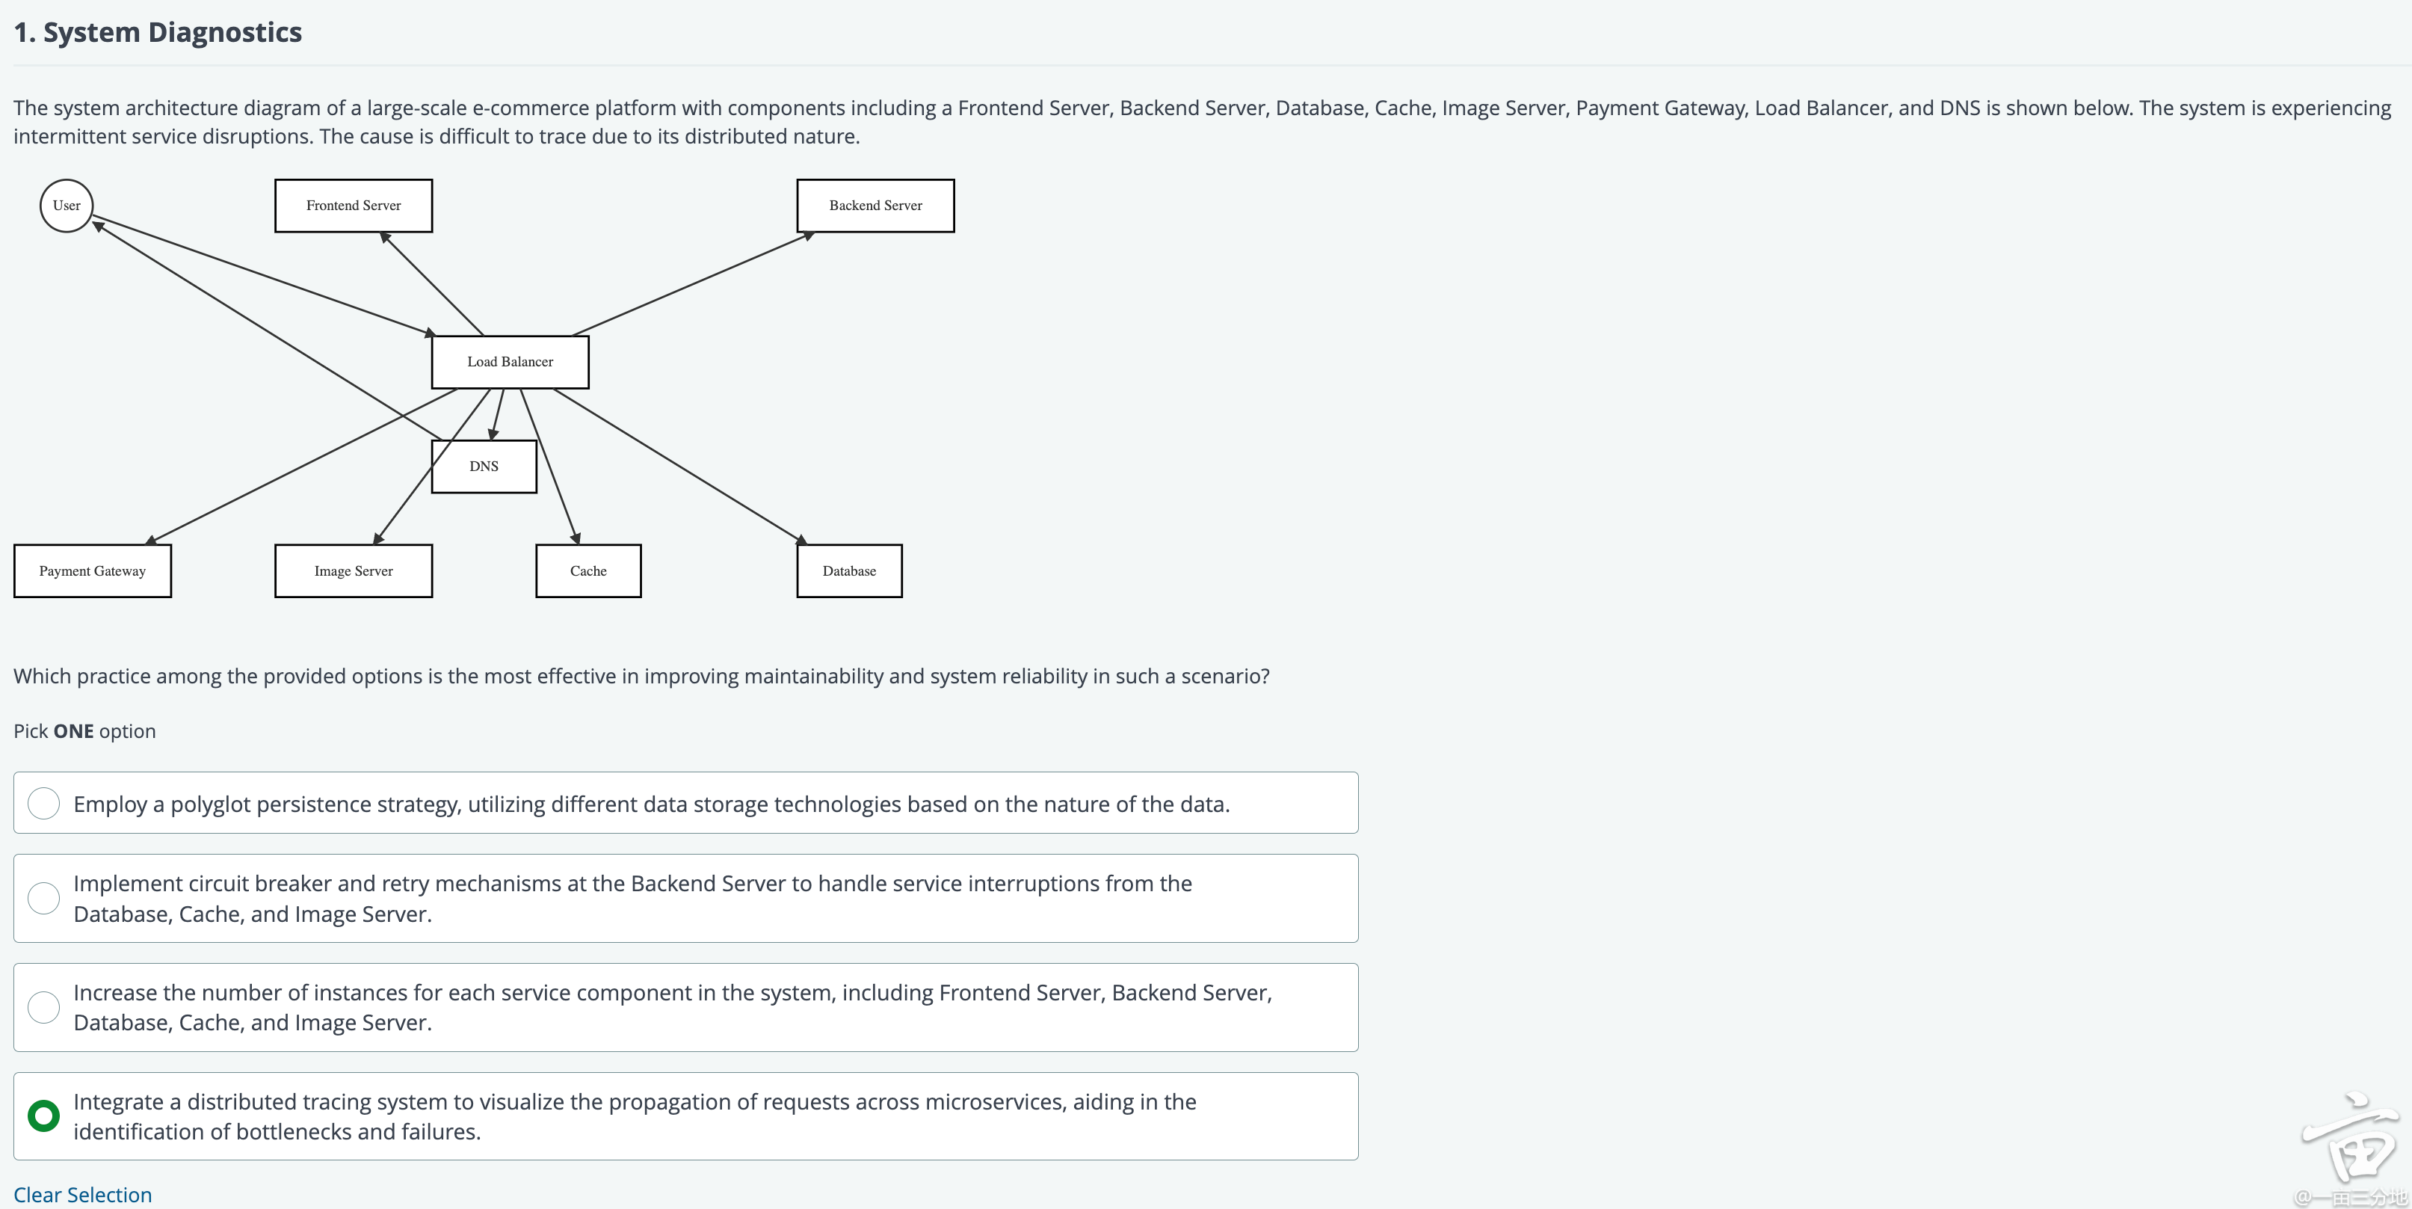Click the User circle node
click(67, 205)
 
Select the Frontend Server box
click(353, 205)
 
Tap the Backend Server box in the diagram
click(875, 205)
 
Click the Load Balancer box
click(511, 361)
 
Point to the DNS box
click(484, 467)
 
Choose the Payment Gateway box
click(93, 570)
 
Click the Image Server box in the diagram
click(353, 570)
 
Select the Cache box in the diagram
click(588, 570)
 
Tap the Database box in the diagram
click(849, 570)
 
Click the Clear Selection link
click(82, 1195)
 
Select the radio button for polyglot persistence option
click(44, 804)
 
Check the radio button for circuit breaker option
click(44, 898)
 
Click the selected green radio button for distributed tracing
click(44, 1116)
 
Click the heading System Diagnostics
click(157, 32)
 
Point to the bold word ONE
click(73, 731)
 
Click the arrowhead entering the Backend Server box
click(808, 236)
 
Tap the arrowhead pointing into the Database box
click(801, 539)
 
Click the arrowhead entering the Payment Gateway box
click(152, 539)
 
